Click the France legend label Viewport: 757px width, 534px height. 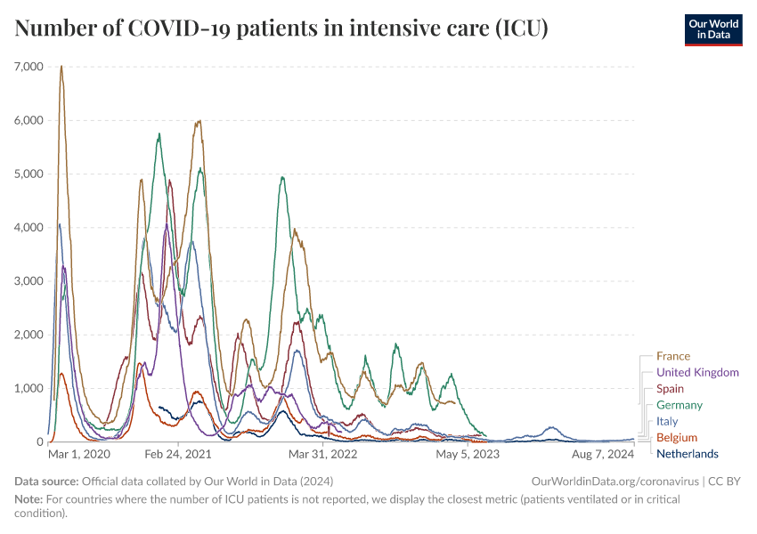click(672, 356)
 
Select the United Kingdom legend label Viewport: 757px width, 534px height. click(697, 372)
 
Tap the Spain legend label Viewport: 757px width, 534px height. click(670, 389)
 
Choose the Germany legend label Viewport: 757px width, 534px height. click(679, 405)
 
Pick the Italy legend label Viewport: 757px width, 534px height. click(666, 421)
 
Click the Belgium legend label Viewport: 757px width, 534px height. click(676, 438)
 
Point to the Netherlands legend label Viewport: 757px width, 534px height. click(687, 454)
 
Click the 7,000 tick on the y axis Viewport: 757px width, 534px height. click(29, 67)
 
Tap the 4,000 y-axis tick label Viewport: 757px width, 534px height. click(29, 228)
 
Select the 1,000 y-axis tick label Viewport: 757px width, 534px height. click(29, 388)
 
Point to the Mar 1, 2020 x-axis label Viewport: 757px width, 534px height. click(79, 454)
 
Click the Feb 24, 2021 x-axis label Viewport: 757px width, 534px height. click(177, 454)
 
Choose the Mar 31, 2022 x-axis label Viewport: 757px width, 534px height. click(322, 454)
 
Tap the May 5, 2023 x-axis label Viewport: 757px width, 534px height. click(467, 454)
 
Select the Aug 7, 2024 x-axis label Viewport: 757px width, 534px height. click(603, 454)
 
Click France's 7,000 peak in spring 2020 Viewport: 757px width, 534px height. click(61, 67)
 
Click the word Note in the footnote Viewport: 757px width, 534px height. click(29, 499)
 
